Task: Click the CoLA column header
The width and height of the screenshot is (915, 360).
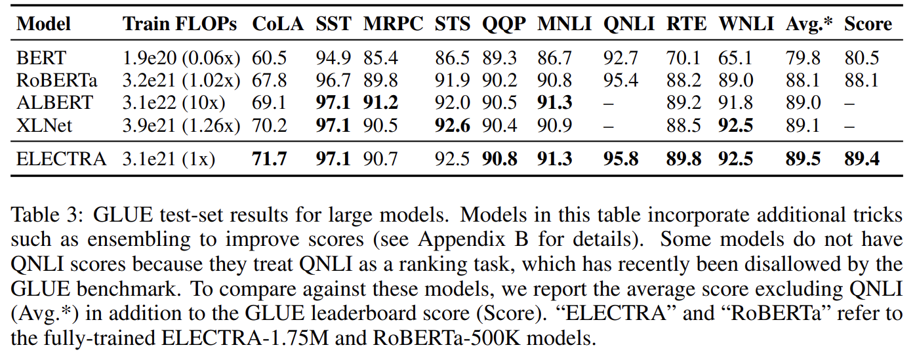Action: click(x=278, y=24)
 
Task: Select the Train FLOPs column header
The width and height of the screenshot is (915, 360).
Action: click(x=180, y=24)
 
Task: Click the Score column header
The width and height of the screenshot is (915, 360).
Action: click(x=868, y=24)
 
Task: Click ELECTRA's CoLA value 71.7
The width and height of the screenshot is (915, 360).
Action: click(x=270, y=159)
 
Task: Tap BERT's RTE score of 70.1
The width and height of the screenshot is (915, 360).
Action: click(x=683, y=58)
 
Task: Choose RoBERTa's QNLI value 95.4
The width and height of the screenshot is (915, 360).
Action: click(x=620, y=81)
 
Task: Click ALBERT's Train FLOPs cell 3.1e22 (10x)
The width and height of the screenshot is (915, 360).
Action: click(x=174, y=103)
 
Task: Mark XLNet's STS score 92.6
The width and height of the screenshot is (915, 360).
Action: click(x=453, y=125)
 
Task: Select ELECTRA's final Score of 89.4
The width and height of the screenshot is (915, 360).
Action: click(x=862, y=159)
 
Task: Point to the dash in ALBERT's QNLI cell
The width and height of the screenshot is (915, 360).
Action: click(x=609, y=103)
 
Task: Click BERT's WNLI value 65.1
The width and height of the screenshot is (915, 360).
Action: click(x=736, y=58)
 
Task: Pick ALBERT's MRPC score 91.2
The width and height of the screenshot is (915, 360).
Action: click(x=381, y=103)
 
